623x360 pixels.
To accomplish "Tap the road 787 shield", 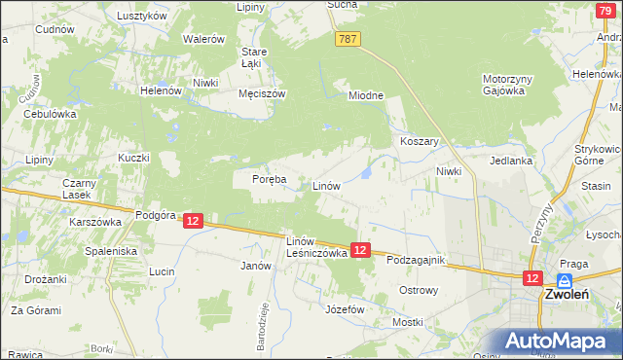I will click(x=348, y=39).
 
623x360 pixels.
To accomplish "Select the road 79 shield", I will click(x=605, y=9).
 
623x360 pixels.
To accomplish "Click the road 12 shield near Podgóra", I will click(x=193, y=222).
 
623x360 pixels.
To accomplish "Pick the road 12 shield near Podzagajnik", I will click(x=360, y=250).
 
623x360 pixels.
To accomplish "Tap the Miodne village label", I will click(x=367, y=95).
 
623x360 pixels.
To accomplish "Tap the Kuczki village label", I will click(x=133, y=158).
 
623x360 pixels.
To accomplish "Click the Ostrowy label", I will click(x=420, y=290).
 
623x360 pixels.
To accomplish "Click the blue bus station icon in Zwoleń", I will click(x=564, y=280).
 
